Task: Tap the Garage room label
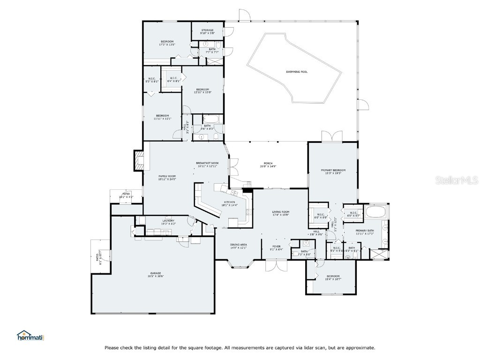[x=156, y=274]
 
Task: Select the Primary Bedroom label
[x=333, y=172]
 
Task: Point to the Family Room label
[x=166, y=177]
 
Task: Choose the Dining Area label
[x=238, y=245]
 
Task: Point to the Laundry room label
[x=168, y=221]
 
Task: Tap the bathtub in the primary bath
[x=376, y=211]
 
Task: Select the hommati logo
[x=30, y=336]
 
